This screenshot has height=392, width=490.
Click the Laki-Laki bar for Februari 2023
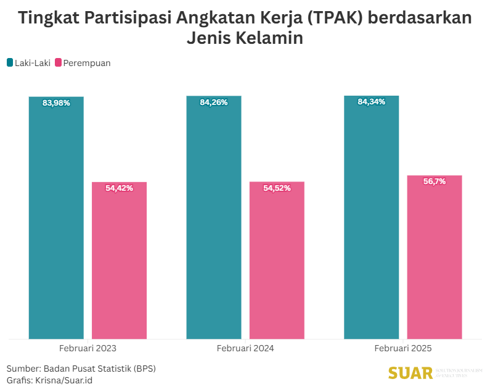[x=56, y=222]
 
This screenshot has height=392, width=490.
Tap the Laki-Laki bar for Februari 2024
[x=214, y=222]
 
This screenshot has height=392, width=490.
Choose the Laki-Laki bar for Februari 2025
[x=372, y=222]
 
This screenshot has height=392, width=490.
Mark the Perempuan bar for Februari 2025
[x=435, y=259]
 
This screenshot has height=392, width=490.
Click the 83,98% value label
[x=56, y=103]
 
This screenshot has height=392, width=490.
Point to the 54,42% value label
[x=119, y=188]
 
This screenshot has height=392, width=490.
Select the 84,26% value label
[x=214, y=102]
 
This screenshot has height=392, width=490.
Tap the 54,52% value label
[x=277, y=188]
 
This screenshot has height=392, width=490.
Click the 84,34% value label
[x=372, y=102]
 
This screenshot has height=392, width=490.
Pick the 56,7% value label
[x=435, y=181]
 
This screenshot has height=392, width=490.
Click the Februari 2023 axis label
[x=88, y=348]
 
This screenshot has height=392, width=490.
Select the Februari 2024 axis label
[x=245, y=348]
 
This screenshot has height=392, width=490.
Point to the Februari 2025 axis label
[x=403, y=348]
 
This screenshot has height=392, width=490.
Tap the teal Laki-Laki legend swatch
[x=10, y=62]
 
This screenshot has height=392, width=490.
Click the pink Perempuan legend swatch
[x=59, y=62]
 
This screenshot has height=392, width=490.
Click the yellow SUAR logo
[x=410, y=373]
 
